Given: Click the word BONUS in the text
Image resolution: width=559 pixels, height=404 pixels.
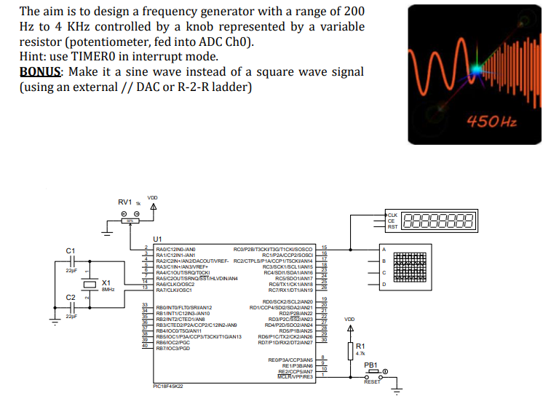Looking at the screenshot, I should (x=41, y=72).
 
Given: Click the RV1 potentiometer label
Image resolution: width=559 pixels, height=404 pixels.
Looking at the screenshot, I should (x=124, y=202).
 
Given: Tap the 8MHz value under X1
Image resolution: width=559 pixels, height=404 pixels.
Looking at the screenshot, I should (x=107, y=289).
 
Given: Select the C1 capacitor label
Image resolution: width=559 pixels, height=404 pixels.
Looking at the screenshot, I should (x=70, y=250).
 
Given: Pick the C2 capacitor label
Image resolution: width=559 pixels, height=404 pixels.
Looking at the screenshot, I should (x=70, y=298).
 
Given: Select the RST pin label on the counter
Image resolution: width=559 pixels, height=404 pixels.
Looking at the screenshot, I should (x=392, y=227).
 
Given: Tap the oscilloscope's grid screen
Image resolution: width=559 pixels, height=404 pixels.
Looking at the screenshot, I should (x=413, y=267).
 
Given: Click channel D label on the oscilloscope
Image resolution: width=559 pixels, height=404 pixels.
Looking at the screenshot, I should (x=383, y=285).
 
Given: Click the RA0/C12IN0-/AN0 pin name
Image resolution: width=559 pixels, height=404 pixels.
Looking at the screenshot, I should (x=175, y=248).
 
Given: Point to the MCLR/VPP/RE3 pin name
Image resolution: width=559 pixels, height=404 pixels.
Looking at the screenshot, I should (x=297, y=376).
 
